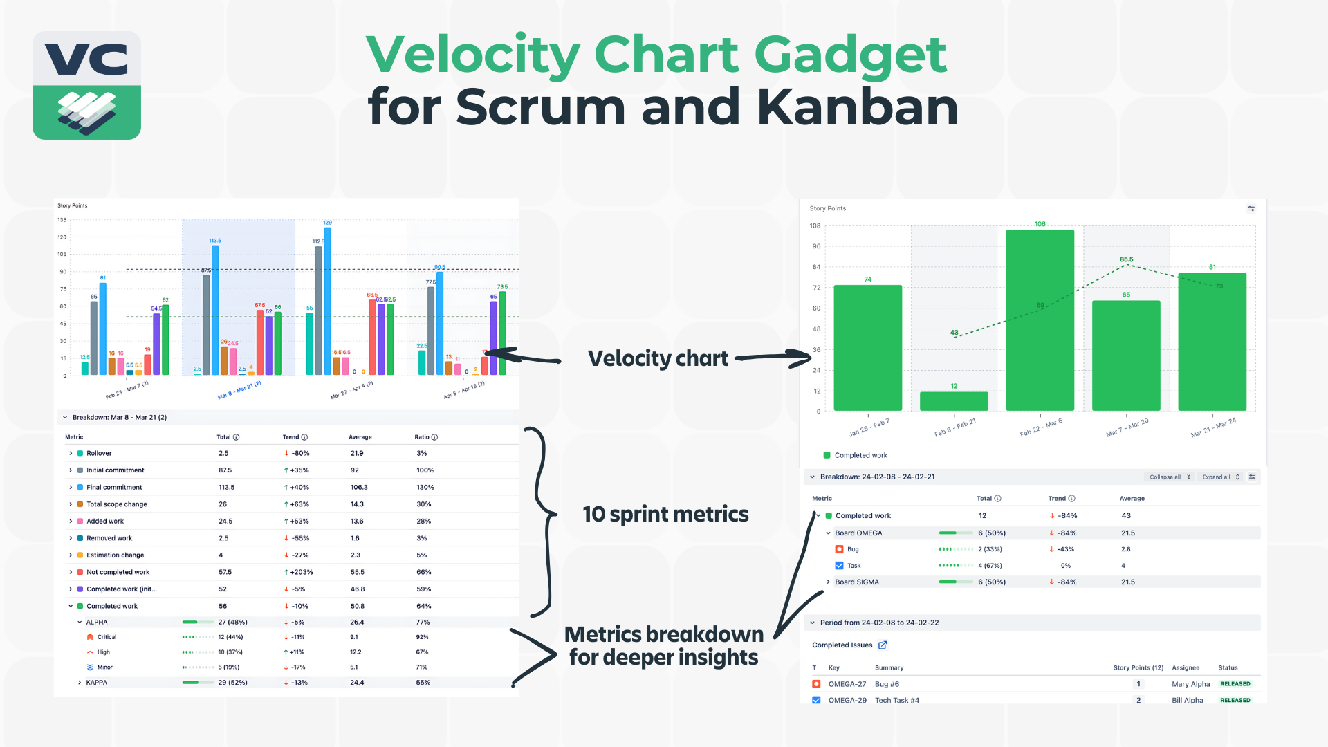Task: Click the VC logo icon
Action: coord(86,85)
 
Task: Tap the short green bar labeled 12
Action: coord(954,401)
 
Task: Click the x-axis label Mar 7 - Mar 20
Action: coord(1127,427)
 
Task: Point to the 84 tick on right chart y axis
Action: coord(816,267)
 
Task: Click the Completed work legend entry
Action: coord(860,455)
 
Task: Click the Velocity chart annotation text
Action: coord(658,358)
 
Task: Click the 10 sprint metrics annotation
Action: coord(665,514)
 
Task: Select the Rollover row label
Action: coord(99,453)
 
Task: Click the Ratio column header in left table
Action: coord(422,437)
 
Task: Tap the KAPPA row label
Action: coord(96,683)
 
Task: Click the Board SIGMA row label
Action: coord(856,582)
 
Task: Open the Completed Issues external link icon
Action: coord(883,645)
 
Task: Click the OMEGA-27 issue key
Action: coord(847,684)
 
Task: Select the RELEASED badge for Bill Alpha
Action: coord(1235,700)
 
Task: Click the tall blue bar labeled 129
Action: coord(327,301)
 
